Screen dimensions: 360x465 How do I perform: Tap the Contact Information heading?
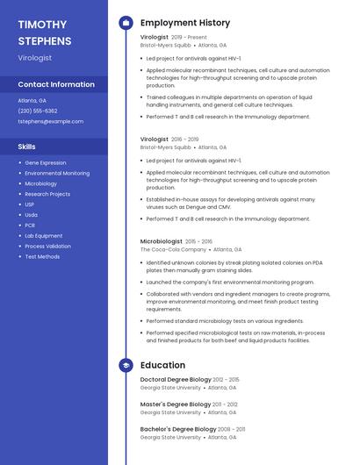56,84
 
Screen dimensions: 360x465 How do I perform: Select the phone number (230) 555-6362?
38,111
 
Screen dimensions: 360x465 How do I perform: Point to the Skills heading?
27,147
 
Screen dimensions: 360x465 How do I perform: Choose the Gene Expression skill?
46,162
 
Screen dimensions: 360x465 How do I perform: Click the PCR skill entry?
30,225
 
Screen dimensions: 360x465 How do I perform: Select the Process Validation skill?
47,247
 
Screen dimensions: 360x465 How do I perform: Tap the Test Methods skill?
42,257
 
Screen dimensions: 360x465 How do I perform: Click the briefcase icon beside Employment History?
126,23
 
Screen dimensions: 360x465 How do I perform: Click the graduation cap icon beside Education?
126,365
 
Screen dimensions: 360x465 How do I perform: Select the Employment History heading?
185,23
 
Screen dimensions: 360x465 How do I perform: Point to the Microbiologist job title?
162,240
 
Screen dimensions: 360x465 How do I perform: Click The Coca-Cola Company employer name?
171,249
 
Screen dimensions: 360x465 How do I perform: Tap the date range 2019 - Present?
189,38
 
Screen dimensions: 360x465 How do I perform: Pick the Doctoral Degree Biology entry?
176,379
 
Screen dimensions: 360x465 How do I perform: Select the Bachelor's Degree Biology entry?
178,428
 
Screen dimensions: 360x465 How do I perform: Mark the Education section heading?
162,365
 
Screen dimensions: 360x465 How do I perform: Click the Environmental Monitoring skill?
57,173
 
